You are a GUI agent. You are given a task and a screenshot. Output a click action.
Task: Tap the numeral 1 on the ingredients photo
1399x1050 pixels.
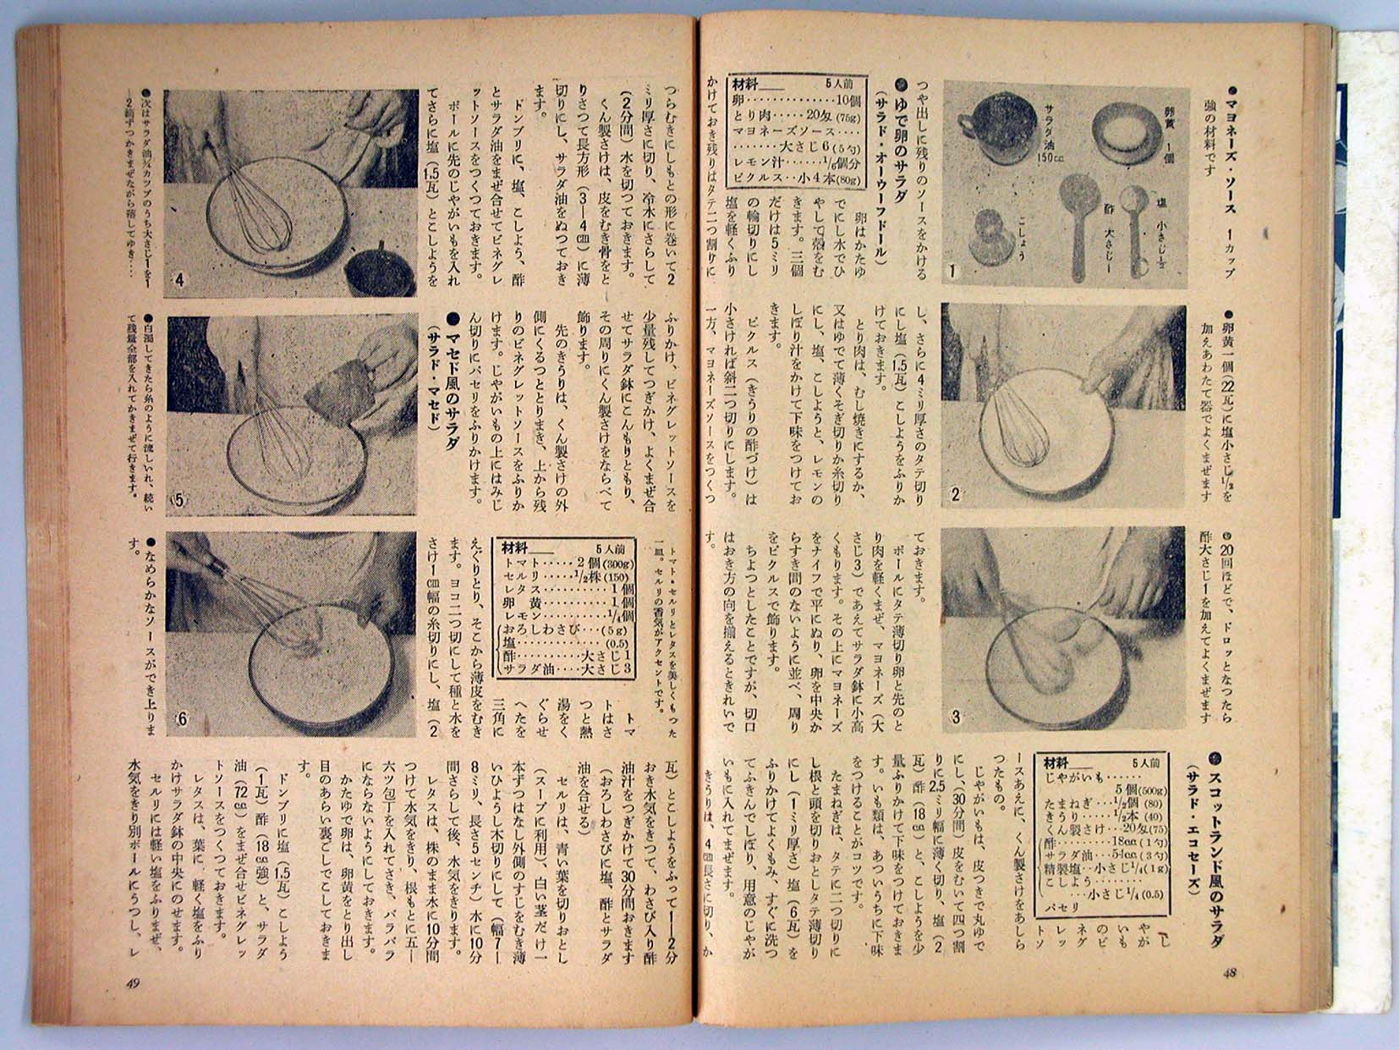tap(952, 272)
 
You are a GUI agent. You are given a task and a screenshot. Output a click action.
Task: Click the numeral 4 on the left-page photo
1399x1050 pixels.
tap(179, 281)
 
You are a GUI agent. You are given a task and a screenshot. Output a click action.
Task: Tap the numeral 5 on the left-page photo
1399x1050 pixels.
tap(179, 500)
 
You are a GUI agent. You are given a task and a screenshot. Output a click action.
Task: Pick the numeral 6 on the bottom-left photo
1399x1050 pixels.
tap(180, 720)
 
